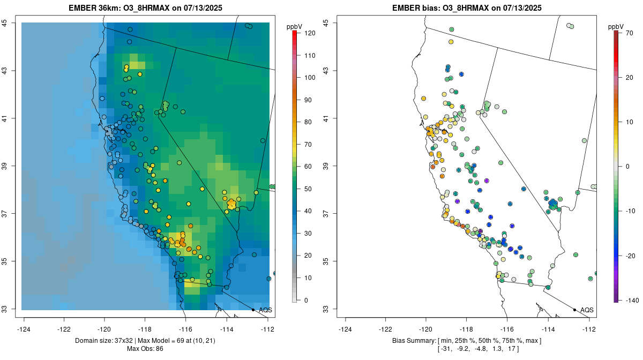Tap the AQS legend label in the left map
pos(266,310)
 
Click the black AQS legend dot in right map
pos(574,310)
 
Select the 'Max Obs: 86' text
pos(145,349)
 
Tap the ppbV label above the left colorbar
pos(295,26)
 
